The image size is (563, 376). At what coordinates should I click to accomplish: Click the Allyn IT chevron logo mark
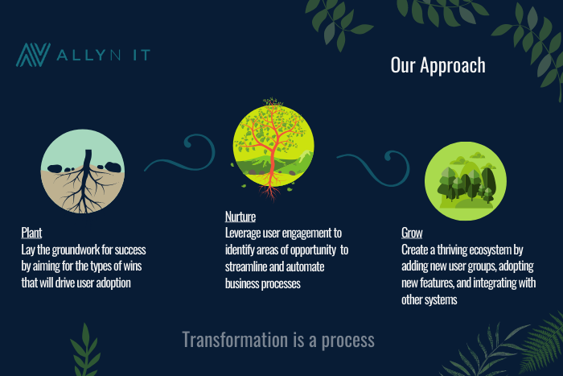tap(33, 55)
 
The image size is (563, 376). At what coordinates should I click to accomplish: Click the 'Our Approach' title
tap(438, 65)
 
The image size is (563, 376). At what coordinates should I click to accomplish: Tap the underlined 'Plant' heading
tap(31, 233)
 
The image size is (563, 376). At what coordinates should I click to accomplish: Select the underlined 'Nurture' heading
tap(240, 217)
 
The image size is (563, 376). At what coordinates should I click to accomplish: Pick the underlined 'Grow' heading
tap(412, 233)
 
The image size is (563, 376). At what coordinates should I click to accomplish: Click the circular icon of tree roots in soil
tap(83, 171)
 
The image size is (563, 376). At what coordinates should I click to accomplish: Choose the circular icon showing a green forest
tap(466, 181)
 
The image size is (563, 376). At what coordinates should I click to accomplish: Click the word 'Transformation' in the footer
tap(235, 340)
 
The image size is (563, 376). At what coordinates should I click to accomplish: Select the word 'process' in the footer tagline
tap(347, 341)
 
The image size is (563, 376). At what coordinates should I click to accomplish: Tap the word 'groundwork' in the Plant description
tap(82, 250)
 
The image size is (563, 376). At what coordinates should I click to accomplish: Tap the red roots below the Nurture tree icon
tap(270, 192)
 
